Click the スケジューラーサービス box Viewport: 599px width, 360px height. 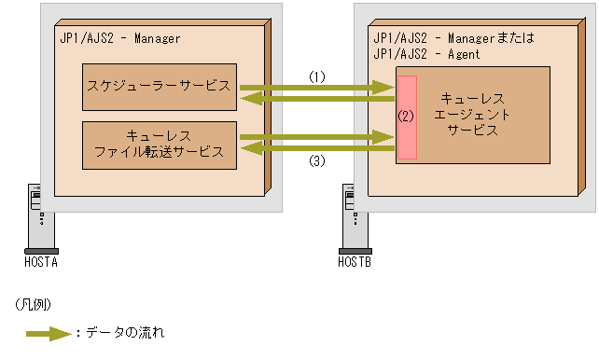159,86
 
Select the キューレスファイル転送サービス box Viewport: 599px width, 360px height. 159,144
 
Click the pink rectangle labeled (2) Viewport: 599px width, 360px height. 406,116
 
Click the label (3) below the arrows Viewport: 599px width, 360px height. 317,160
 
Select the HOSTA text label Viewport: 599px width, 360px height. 41,262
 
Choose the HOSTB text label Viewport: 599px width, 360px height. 355,262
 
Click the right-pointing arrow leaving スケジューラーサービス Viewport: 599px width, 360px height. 317,88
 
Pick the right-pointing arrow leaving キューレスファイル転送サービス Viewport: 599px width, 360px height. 317,138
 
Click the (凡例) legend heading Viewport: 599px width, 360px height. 33,304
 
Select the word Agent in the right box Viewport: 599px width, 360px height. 462,54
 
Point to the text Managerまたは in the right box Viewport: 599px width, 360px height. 481,39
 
